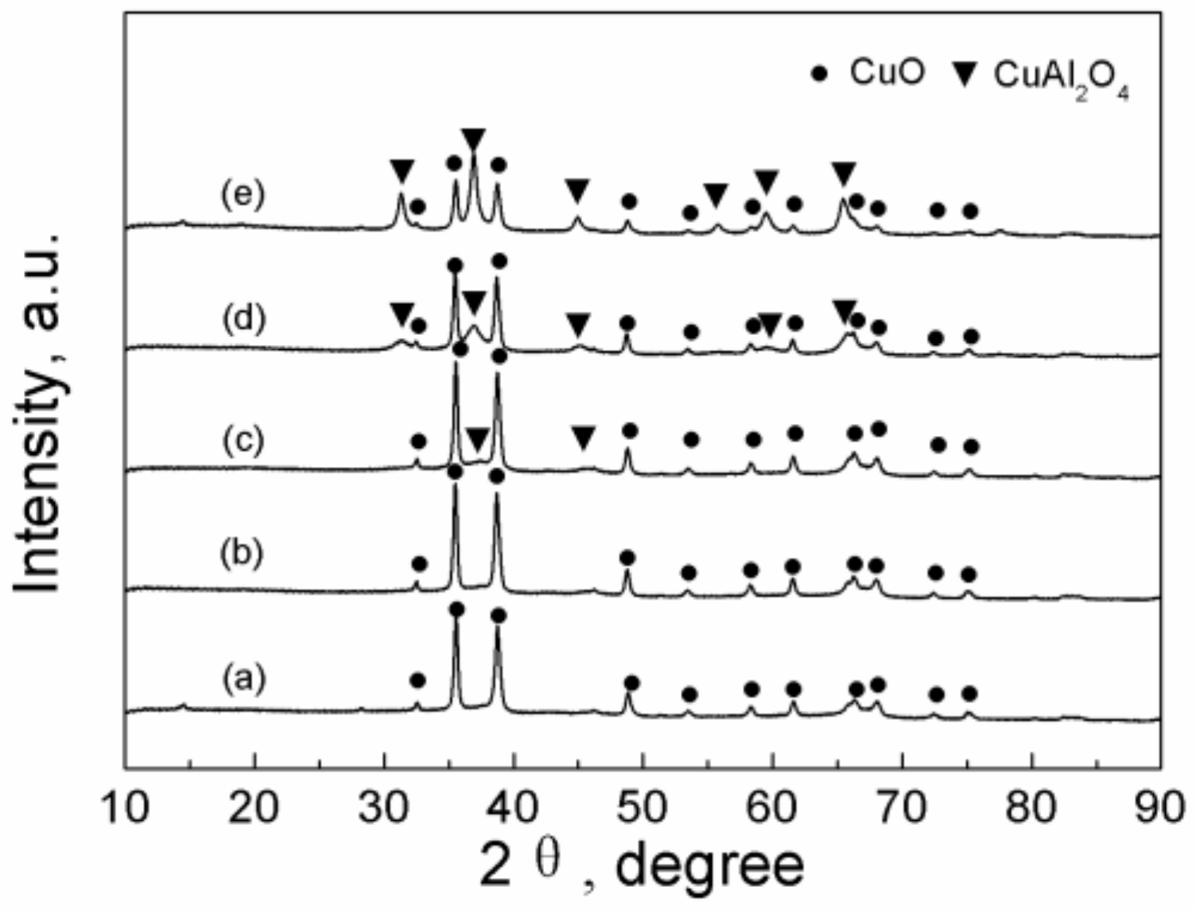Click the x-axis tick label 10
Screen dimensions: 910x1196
[126, 807]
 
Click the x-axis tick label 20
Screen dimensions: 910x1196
[254, 807]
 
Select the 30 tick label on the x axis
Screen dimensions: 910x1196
[384, 807]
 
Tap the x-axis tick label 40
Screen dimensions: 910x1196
[514, 807]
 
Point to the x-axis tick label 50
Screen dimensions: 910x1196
[643, 807]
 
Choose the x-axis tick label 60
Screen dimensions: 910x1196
[772, 807]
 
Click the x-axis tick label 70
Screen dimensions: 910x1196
[902, 807]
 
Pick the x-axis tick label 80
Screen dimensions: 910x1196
[1031, 807]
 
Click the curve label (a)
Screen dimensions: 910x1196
[243, 679]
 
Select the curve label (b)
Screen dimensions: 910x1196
[242, 554]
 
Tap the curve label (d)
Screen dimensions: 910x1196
[243, 318]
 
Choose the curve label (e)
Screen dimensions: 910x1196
[243, 194]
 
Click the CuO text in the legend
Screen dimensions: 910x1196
[887, 72]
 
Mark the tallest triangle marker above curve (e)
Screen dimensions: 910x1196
[473, 138]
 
